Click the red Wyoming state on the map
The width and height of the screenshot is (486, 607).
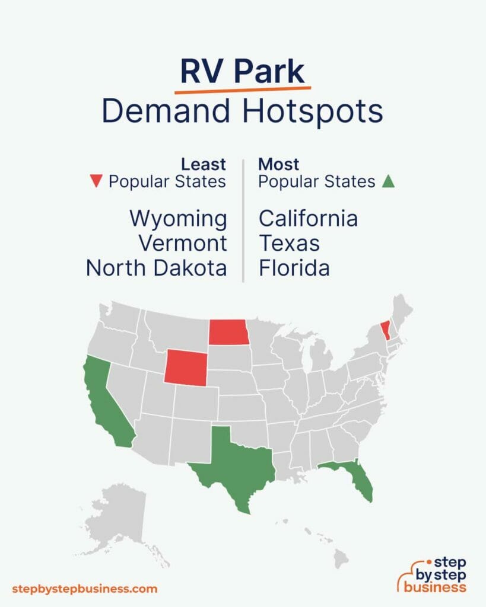coord(186,366)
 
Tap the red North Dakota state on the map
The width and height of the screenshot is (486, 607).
coord(228,332)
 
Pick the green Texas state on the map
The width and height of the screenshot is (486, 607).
coord(237,462)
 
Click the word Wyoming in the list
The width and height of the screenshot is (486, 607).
coord(178,219)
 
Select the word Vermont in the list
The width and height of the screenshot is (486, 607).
coord(183,244)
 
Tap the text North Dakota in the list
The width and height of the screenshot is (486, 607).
coord(156,269)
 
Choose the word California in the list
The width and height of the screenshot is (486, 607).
coord(308,219)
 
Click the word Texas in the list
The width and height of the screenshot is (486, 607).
coord(289,244)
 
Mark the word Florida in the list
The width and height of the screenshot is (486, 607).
coord(294,269)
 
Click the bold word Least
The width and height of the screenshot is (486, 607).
coord(203,164)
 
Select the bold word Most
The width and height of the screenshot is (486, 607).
coord(278,164)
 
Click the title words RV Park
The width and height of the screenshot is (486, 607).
coord(242,72)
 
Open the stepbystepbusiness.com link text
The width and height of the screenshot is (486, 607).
coord(85,589)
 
